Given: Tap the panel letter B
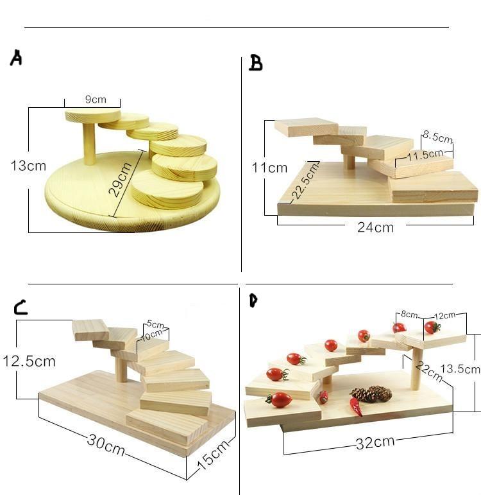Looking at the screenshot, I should click(x=255, y=63).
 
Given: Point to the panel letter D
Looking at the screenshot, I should click(x=253, y=300).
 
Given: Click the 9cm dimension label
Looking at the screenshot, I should click(x=95, y=100).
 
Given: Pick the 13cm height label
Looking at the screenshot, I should click(x=28, y=166).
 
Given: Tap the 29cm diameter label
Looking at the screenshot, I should click(x=122, y=179).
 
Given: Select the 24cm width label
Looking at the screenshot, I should click(x=376, y=227).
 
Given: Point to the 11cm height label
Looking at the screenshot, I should click(x=269, y=168).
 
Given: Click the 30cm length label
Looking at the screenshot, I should click(x=106, y=444).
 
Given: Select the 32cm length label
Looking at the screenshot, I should click(x=376, y=442).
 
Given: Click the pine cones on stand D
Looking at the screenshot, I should click(x=371, y=394).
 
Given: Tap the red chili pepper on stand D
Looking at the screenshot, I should click(x=355, y=406).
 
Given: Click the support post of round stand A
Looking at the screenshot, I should click(x=89, y=143).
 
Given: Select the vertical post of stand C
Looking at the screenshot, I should click(x=121, y=368).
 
